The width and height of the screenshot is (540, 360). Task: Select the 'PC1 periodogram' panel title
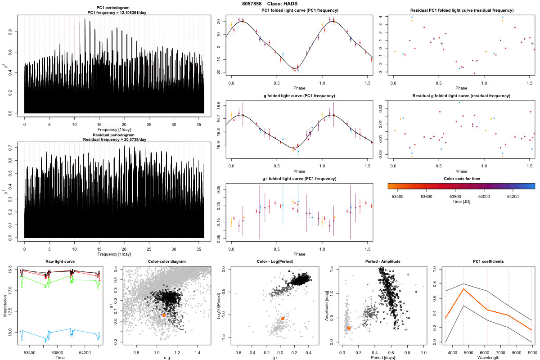pyautogui.click(x=114, y=8)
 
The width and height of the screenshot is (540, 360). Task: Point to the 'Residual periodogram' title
pyautogui.click(x=114, y=135)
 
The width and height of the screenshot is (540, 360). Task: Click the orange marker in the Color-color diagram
pyautogui.click(x=164, y=315)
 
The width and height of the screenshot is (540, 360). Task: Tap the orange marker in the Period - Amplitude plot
pyautogui.click(x=349, y=328)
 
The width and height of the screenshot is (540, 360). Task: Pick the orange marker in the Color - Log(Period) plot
pyautogui.click(x=283, y=319)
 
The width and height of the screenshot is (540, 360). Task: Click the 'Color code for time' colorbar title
pyautogui.click(x=461, y=179)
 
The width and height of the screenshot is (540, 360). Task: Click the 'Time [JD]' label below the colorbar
pyautogui.click(x=461, y=202)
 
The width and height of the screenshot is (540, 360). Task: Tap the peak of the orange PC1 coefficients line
pyautogui.click(x=463, y=289)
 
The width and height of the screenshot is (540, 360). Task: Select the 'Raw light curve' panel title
pyautogui.click(x=60, y=262)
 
